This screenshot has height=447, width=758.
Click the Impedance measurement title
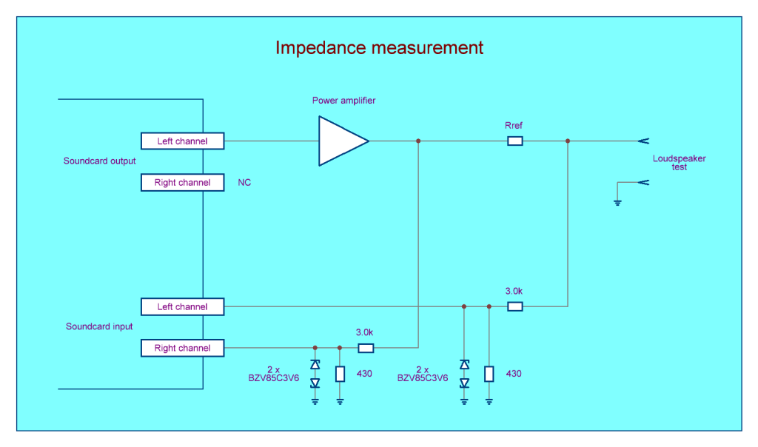pos(379,48)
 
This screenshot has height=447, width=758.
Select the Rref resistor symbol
pos(514,141)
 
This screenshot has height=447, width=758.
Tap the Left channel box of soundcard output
pos(182,141)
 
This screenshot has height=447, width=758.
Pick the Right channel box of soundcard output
pos(182,182)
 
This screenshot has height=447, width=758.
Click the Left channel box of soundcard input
pos(182,306)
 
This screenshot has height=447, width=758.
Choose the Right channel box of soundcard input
pos(182,348)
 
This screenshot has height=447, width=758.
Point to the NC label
pos(244,183)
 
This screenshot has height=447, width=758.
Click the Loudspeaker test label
pos(679,163)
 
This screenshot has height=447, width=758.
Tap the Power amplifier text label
pos(343,101)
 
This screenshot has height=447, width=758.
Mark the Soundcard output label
pos(99,161)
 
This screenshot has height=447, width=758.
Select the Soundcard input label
pos(99,326)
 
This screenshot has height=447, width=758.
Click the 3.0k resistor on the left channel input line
pos(514,306)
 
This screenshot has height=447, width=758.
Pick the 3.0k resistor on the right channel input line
pos(366,348)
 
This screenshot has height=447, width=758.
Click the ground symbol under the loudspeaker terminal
pos(617,201)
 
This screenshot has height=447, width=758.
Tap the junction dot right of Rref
pos(568,141)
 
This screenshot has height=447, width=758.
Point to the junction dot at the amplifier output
pos(418,141)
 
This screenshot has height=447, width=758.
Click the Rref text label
pos(514,126)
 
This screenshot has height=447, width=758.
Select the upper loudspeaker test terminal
pos(643,141)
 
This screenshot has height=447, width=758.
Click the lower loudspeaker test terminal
pos(643,182)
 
